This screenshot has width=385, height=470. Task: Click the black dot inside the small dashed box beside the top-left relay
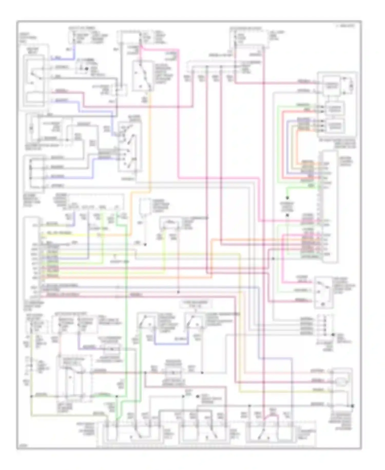click(86, 69)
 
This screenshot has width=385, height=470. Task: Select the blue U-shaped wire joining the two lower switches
click(171, 344)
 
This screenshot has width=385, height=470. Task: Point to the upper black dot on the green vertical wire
click(287, 198)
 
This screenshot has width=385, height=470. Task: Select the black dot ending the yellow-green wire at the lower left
click(32, 396)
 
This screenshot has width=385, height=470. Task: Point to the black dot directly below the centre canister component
click(145, 245)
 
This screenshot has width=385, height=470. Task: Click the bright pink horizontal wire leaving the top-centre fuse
click(159, 49)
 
